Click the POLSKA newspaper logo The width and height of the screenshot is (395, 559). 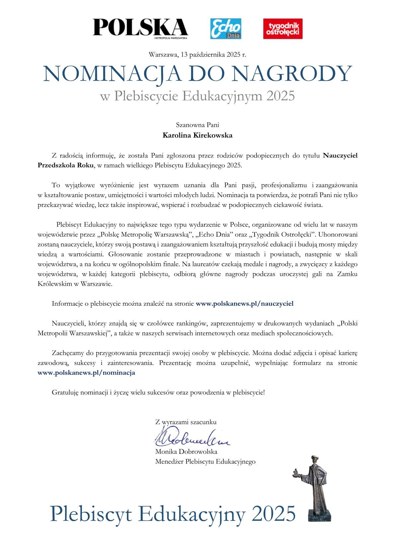[140, 28]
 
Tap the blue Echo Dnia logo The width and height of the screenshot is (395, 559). [226, 29]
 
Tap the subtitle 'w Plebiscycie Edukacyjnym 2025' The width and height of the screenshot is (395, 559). [197, 96]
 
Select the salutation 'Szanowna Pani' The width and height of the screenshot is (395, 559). [197, 125]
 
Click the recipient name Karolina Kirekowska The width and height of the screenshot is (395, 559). [197, 136]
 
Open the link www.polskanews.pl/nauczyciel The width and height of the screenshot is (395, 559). [245, 303]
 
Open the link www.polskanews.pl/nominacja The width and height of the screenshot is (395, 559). [86, 373]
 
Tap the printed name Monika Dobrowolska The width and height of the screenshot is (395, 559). [186, 452]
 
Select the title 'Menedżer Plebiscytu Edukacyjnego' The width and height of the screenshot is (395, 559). [205, 462]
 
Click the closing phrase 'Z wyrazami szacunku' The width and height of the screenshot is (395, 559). [186, 422]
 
